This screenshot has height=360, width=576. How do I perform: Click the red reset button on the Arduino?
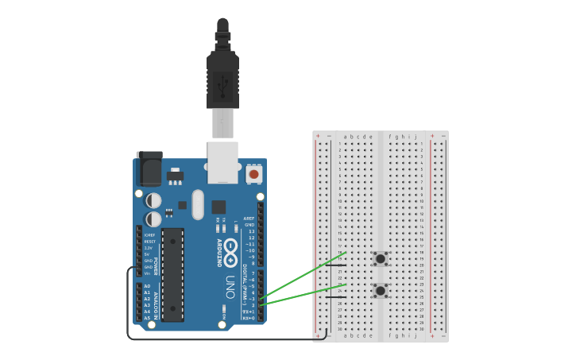[253, 173]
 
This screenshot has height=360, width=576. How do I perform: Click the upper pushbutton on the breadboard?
[381, 258]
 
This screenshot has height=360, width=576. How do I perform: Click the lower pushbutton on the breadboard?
[381, 291]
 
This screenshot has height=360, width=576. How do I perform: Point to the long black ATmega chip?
[172, 274]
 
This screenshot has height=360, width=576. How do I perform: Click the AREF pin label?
[249, 218]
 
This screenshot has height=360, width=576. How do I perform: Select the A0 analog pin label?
[146, 286]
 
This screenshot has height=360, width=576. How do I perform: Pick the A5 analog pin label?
[146, 318]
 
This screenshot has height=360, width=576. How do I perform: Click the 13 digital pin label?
[251, 231]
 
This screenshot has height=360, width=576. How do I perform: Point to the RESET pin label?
[149, 242]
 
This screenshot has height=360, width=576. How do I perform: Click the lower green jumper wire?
[302, 296]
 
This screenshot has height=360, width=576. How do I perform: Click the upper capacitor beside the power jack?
[154, 199]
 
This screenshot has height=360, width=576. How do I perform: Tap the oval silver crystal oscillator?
[198, 204]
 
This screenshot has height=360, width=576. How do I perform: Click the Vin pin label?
[148, 273]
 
